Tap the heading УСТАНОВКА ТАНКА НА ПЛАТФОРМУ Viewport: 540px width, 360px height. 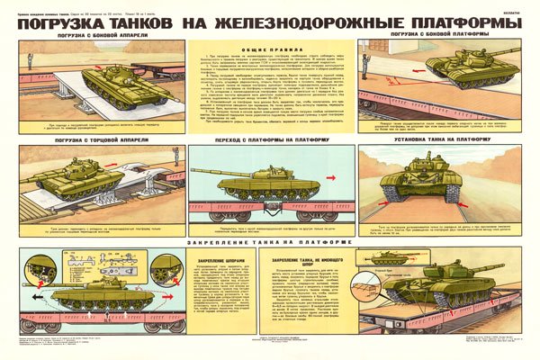pos(450,141)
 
